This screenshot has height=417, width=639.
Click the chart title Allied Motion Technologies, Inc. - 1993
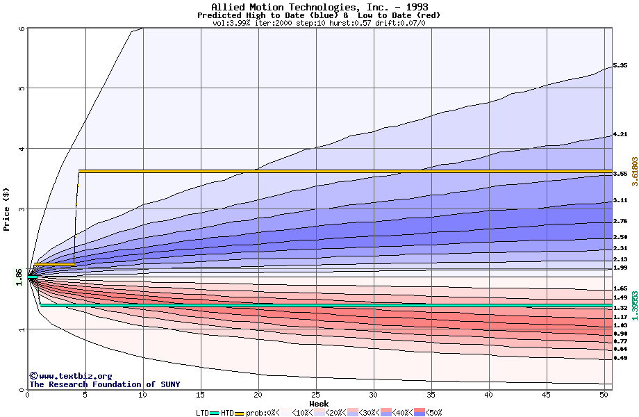click(319, 7)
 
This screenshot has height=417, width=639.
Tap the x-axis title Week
click(319, 403)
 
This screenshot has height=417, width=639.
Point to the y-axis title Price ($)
click(7, 208)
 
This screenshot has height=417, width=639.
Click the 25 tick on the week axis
click(315, 395)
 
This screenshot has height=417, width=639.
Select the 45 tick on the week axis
click(546, 395)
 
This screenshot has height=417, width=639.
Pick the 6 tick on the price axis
click(22, 28)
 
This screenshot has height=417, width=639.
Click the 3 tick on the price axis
click(22, 209)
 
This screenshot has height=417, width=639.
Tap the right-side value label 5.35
click(620, 65)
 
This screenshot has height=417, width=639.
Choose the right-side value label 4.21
click(620, 134)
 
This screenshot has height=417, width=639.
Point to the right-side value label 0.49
click(620, 358)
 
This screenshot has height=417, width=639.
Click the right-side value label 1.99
click(620, 268)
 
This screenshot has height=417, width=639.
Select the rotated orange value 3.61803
click(634, 171)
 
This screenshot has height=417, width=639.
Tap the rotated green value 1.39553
click(634, 304)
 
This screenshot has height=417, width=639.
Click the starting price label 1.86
click(19, 277)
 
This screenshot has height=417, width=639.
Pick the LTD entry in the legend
click(203, 413)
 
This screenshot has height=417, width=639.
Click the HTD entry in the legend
click(227, 413)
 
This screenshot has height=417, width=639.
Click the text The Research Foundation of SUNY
click(104, 384)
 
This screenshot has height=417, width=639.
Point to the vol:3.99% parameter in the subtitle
click(233, 23)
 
